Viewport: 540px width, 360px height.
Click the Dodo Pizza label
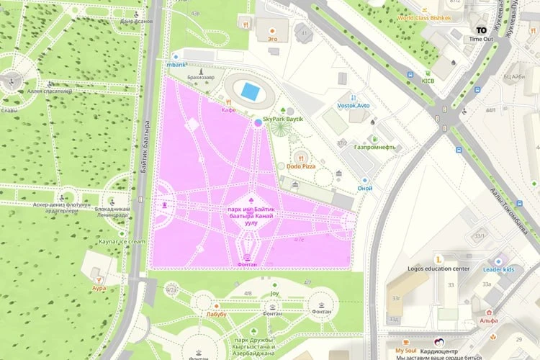coord(302,166)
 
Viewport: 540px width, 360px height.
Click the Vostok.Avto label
coord(354,106)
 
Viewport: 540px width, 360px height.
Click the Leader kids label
coord(498,269)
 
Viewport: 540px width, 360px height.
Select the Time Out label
coord(481,39)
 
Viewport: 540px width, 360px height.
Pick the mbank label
coord(176,64)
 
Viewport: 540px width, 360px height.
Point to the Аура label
coord(99,288)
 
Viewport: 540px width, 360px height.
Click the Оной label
coord(365,189)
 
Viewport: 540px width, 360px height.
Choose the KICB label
coord(428,81)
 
